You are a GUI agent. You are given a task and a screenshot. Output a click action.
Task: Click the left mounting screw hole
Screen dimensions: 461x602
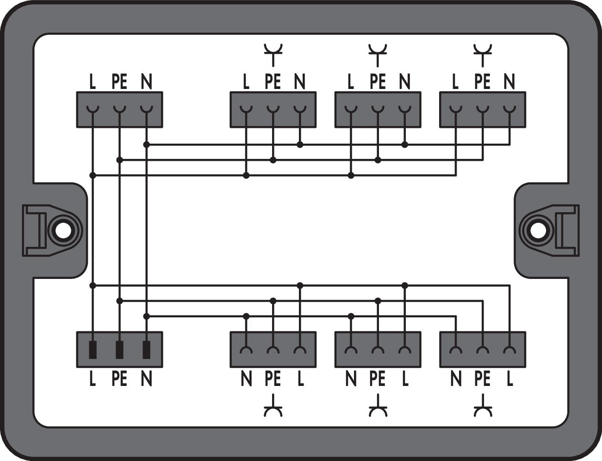tap(60, 230)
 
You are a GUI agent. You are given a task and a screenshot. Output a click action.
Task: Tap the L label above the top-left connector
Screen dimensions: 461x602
tap(93, 82)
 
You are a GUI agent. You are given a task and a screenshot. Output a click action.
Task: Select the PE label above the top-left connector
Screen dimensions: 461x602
tap(119, 82)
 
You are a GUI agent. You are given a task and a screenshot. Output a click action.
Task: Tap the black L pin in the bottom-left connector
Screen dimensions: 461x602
tap(93, 350)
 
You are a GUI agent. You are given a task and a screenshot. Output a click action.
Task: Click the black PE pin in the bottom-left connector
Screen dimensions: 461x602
tap(119, 350)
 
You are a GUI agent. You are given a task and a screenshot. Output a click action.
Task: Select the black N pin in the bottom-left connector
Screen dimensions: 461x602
tap(146, 350)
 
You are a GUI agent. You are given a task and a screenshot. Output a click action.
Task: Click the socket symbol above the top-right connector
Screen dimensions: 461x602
tap(483, 53)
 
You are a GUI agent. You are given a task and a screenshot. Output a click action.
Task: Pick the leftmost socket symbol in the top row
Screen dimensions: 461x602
tap(273, 53)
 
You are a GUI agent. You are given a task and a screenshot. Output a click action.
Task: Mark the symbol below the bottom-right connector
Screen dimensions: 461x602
tap(483, 407)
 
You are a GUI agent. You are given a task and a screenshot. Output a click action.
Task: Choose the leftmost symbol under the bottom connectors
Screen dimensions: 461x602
tap(273, 407)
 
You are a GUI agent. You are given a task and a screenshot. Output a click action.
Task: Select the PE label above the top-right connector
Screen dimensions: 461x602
tap(482, 82)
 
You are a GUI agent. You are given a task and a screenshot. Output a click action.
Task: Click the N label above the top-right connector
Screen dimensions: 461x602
tap(509, 82)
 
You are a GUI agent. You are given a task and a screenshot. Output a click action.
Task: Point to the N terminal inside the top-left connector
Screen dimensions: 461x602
tap(146, 110)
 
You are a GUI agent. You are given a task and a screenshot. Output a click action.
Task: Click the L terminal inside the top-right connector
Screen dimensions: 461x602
tap(456, 110)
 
